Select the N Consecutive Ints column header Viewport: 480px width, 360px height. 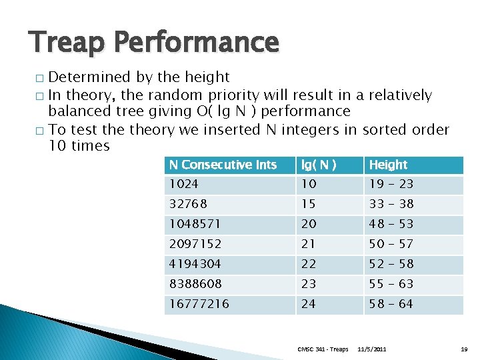(223, 165)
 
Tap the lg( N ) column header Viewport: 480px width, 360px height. (319, 165)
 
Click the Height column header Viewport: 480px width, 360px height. (388, 165)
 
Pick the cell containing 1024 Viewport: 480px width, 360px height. (183, 184)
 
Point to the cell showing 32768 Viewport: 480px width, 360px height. (188, 204)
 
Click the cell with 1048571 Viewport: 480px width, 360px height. (193, 224)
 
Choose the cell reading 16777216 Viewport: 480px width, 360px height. (199, 304)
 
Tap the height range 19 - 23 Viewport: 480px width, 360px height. (391, 184)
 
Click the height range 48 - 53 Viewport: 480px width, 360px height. (391, 224)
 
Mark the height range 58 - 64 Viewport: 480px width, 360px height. (391, 304)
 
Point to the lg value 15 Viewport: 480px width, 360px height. (309, 204)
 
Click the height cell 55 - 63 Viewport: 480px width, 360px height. (391, 284)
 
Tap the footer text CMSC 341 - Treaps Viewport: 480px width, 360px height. (323, 349)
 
